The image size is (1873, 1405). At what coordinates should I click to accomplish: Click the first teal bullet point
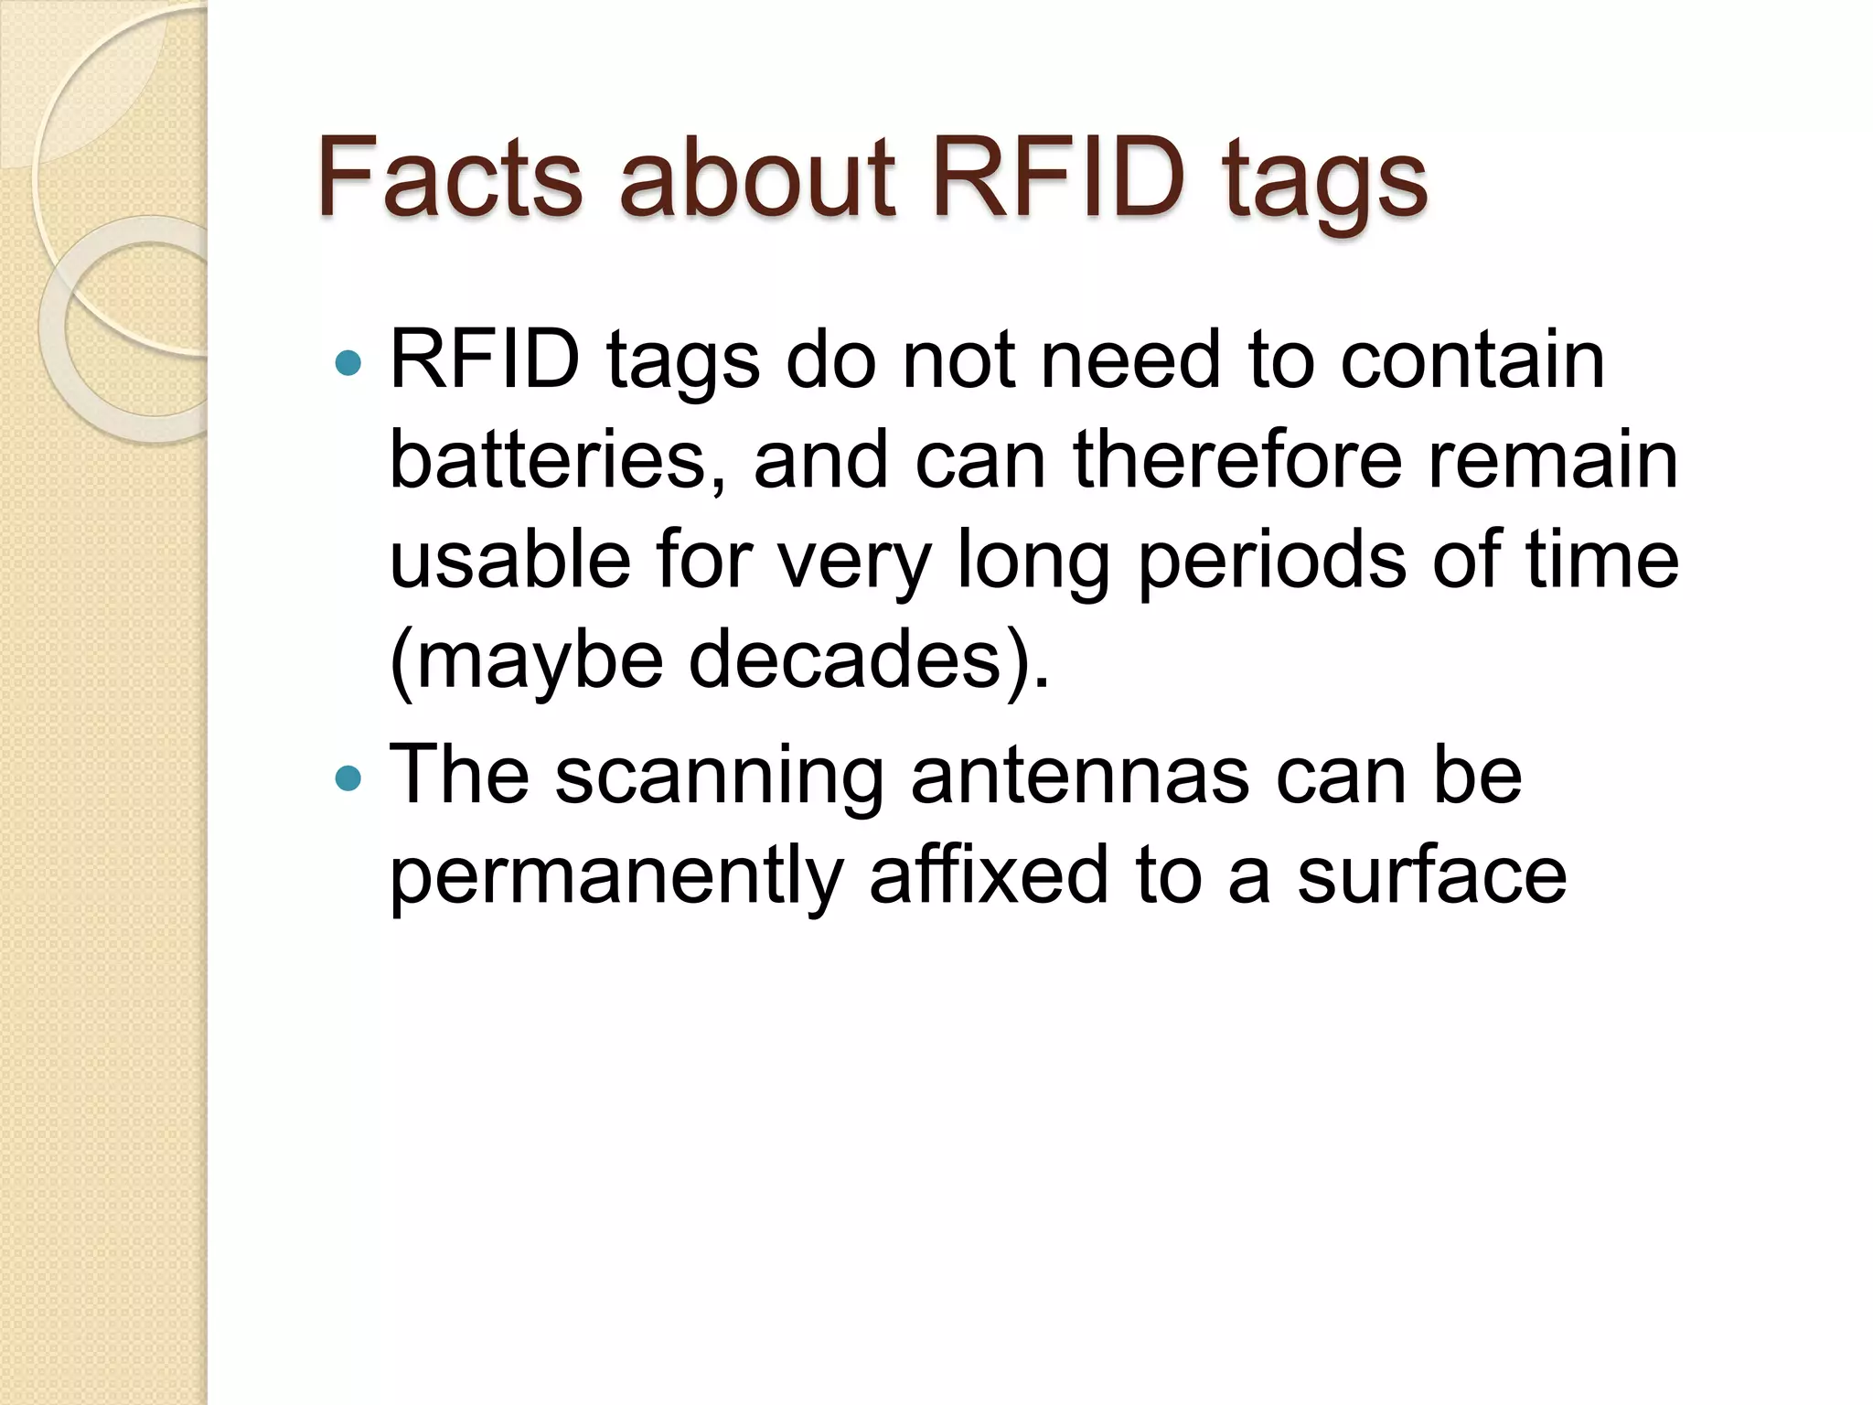348,363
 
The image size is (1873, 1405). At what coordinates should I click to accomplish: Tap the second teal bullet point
348,778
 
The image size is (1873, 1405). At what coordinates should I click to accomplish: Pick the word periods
1271,563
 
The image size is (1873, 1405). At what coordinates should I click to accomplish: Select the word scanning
719,778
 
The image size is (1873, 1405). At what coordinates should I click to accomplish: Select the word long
1033,563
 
